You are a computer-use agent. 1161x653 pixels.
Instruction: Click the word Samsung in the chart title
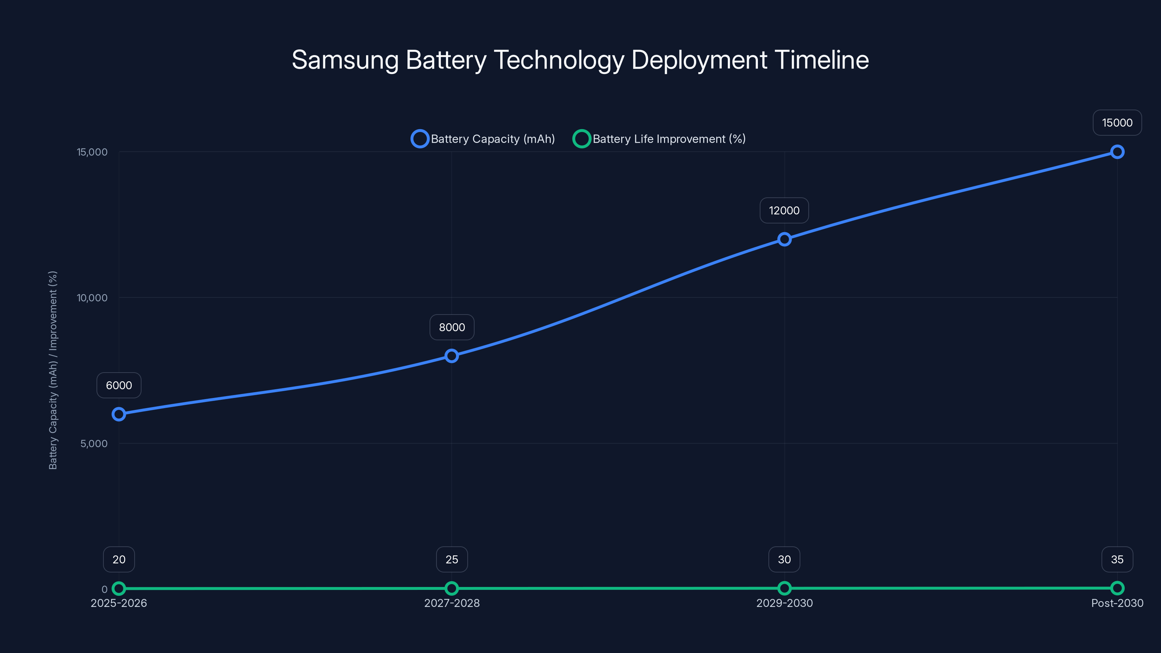coord(345,60)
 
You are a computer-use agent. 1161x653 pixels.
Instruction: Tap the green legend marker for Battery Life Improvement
coord(581,139)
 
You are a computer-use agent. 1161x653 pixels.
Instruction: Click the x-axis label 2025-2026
coord(119,603)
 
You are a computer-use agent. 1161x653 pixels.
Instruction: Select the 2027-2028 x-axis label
coord(452,603)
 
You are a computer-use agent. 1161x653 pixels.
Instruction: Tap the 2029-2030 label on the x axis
coord(784,603)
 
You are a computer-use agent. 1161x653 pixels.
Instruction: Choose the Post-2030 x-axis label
coord(1117,603)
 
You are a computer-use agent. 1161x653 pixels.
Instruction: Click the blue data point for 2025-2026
coord(119,414)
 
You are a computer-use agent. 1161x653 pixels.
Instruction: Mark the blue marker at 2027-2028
coord(452,356)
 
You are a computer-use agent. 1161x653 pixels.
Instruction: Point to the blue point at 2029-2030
coord(784,239)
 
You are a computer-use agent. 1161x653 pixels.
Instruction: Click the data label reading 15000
coord(1117,123)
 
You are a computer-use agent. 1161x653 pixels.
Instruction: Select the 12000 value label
coord(784,210)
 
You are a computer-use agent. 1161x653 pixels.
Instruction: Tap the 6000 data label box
coord(119,385)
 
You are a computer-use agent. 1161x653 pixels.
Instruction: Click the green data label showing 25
coord(452,559)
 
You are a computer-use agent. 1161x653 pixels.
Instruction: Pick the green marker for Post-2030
coord(1117,588)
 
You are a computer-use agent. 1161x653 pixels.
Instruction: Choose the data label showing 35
coord(1117,559)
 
